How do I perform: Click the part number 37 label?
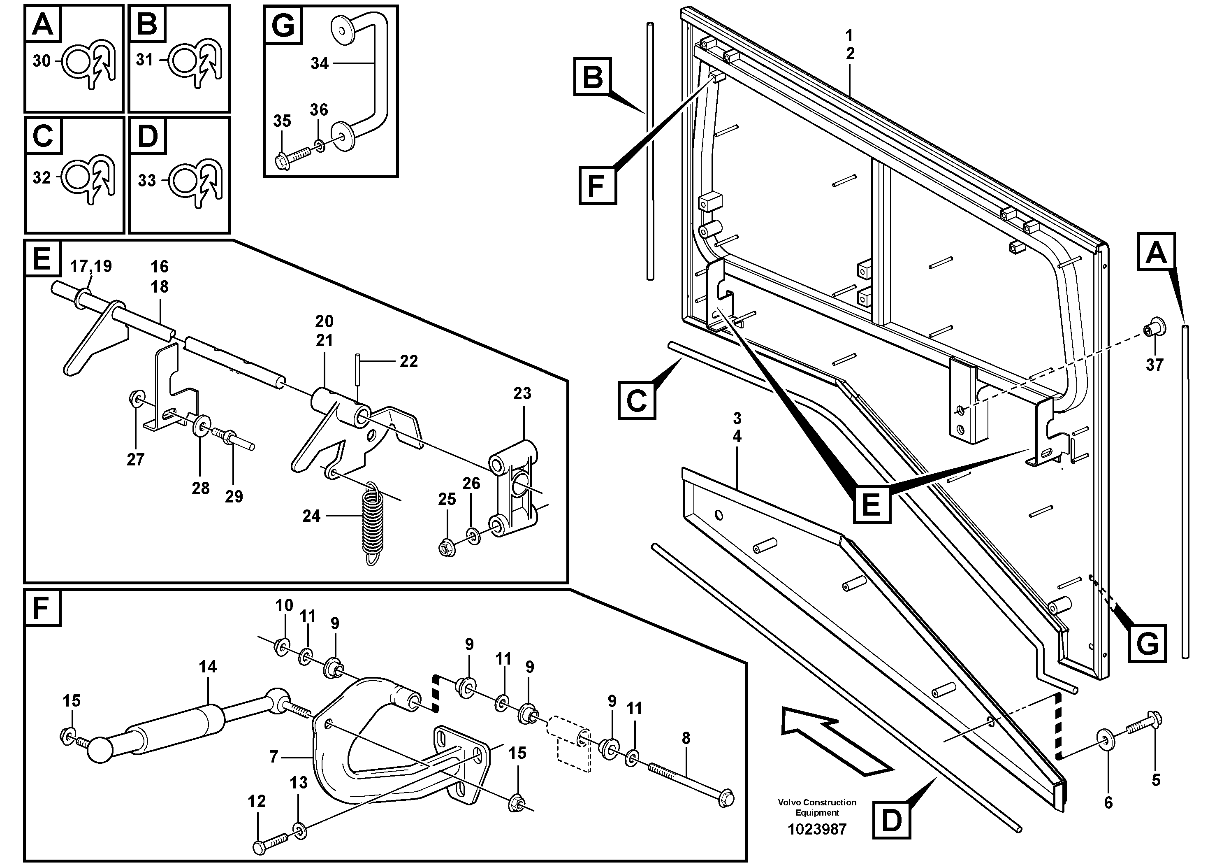coord(1154,365)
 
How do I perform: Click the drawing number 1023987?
coord(817,829)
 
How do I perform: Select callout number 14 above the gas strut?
coord(208,667)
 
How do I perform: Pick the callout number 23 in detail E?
coord(522,393)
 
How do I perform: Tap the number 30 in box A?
coord(41,61)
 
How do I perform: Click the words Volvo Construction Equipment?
coord(817,807)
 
